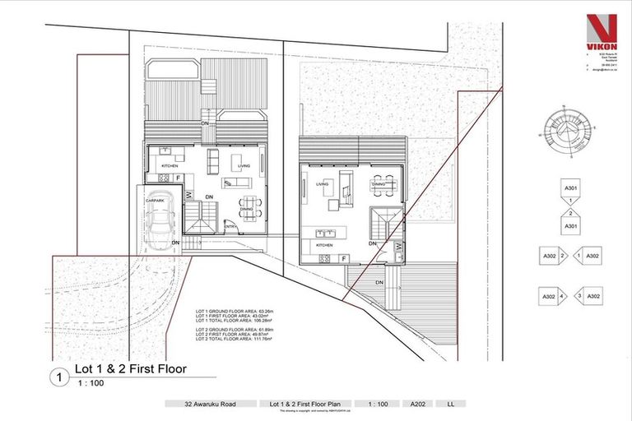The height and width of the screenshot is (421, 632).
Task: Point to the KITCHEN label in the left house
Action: click(170, 166)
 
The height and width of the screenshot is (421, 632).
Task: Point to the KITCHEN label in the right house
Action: click(323, 246)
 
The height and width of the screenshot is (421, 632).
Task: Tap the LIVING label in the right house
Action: click(322, 184)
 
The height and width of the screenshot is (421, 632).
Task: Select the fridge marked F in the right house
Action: click(343, 259)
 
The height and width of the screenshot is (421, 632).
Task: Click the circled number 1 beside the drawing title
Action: click(58, 379)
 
